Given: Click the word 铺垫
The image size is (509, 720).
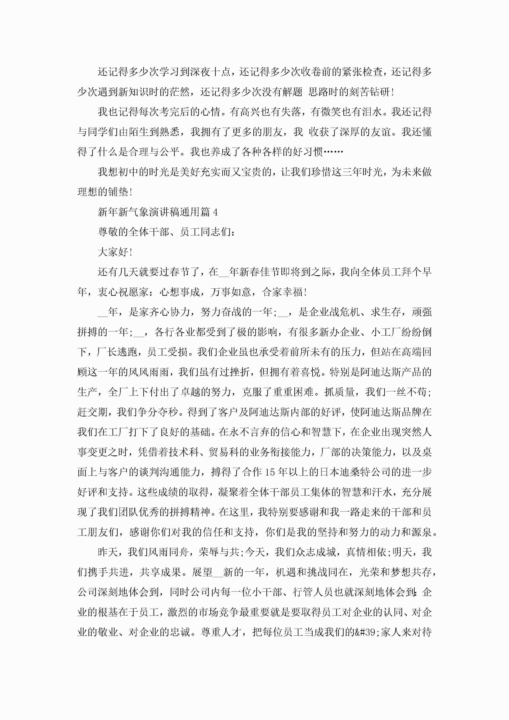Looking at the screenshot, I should pos(118,192).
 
